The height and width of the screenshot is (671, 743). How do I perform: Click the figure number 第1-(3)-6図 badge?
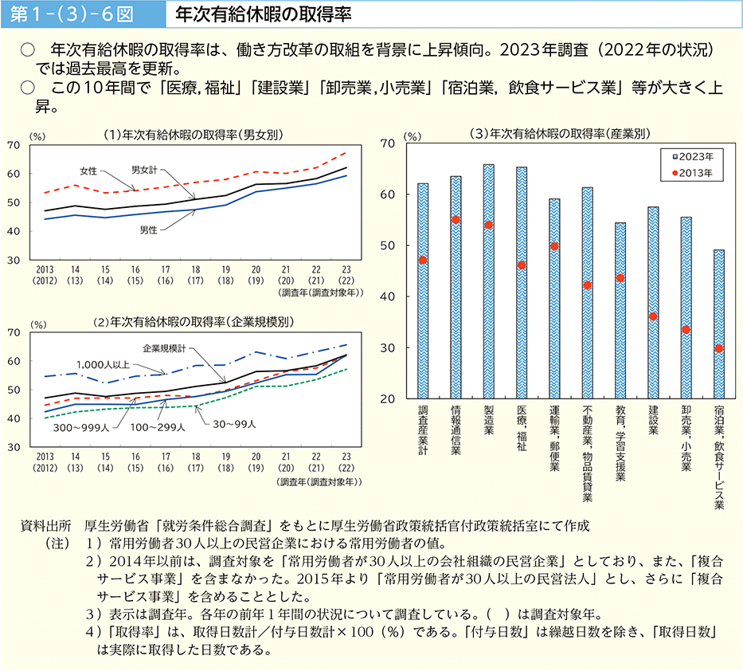tap(70, 14)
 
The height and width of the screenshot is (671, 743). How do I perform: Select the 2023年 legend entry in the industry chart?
tap(693, 157)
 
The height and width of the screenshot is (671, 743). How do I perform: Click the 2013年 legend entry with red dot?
tap(693, 172)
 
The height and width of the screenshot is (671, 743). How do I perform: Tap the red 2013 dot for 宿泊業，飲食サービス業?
tap(719, 348)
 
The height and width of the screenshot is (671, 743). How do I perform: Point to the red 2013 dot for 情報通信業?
tap(456, 219)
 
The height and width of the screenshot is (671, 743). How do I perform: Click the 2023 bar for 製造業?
tap(488, 281)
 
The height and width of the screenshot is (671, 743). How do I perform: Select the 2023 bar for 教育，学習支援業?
tap(620, 311)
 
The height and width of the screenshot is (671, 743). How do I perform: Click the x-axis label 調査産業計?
tap(422, 431)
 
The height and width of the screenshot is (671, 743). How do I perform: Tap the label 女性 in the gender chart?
tap(88, 171)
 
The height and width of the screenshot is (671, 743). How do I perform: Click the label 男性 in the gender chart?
tap(147, 230)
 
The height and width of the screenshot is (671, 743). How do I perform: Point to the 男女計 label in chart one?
tap(146, 170)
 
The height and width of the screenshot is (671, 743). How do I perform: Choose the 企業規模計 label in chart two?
tap(164, 348)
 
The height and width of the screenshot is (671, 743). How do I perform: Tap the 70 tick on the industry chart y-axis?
tap(389, 143)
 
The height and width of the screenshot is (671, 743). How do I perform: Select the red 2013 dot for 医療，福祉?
tap(522, 265)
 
